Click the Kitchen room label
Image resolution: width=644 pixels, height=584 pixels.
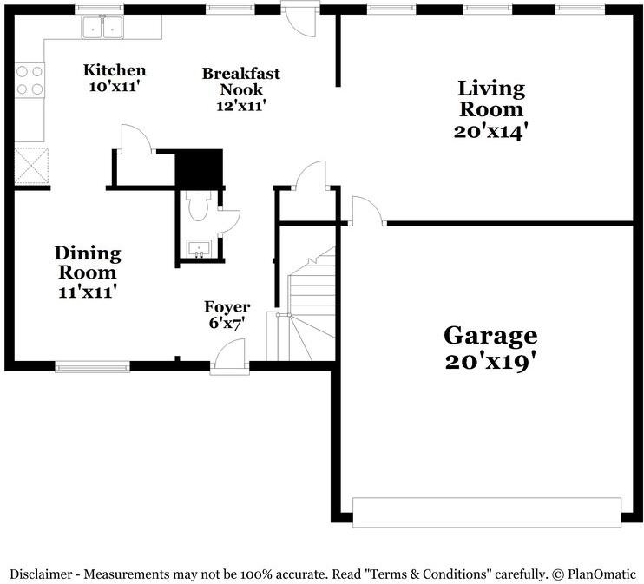tap(114, 70)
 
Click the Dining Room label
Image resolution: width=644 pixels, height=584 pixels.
tap(87, 262)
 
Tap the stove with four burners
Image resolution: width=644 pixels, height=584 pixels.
tap(30, 80)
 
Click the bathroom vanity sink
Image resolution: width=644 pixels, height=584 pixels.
tap(200, 250)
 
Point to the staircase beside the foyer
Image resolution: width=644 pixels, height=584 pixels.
tap(311, 304)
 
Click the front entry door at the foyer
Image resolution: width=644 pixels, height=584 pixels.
tap(230, 359)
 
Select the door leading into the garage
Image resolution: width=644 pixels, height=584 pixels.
tap(366, 212)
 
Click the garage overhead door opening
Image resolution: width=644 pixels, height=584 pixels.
tap(486, 512)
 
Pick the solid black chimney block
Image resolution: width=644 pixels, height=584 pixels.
tap(199, 167)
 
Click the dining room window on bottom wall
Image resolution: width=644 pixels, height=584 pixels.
tap(92, 366)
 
